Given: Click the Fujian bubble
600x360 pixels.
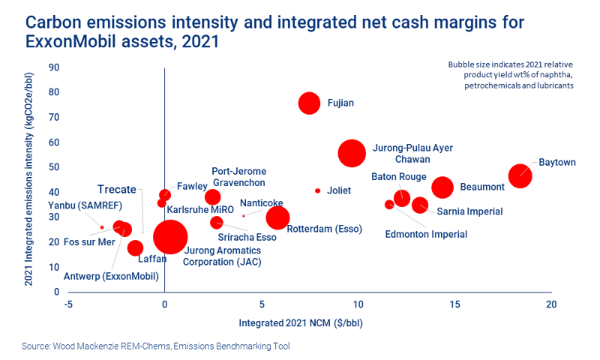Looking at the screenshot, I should [309, 103].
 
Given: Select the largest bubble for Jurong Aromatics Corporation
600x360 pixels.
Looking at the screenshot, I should [170, 236].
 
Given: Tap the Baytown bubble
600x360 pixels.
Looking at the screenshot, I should [520, 176].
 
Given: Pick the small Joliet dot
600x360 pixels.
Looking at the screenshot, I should [317, 190].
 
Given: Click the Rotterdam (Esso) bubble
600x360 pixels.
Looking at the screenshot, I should [277, 217].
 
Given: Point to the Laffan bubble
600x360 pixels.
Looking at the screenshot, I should [135, 248].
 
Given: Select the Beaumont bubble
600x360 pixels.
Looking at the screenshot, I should [442, 187].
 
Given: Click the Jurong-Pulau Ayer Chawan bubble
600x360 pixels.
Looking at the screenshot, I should [352, 153].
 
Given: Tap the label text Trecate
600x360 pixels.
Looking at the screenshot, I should [116, 189].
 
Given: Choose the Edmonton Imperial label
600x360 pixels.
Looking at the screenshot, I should [425, 235].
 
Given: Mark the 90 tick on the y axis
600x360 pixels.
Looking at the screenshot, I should [54, 67].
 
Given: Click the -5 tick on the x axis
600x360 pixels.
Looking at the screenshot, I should [67, 304].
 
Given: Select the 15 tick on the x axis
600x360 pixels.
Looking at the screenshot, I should [454, 304].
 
